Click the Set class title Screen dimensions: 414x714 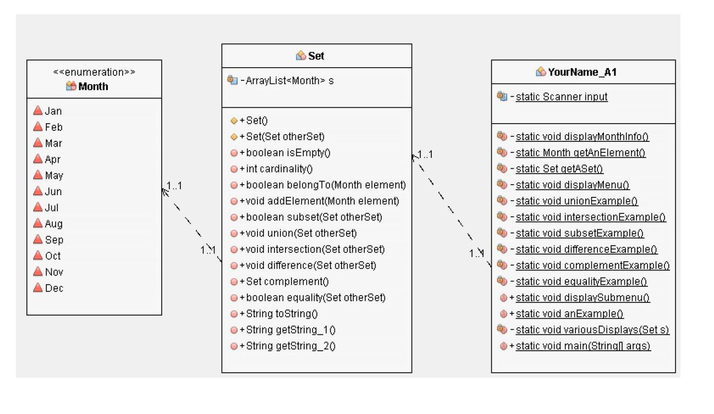(x=316, y=56)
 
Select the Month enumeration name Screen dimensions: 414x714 (x=93, y=86)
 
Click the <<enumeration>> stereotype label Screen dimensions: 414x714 (x=94, y=72)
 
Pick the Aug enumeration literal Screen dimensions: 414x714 (x=53, y=224)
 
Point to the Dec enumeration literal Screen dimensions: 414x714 (x=54, y=288)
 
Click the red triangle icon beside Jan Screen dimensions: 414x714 (x=37, y=111)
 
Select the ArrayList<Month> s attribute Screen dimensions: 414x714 (x=289, y=81)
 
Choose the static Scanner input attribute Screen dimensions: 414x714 (x=561, y=97)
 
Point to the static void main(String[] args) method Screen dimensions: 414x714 (x=583, y=346)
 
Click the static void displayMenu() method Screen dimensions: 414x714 (x=572, y=185)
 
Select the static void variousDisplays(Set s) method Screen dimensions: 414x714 (x=592, y=330)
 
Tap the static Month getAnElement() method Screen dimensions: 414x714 (x=580, y=153)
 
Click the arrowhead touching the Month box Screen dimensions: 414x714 (x=164, y=190)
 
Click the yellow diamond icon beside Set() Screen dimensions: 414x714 (x=234, y=120)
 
